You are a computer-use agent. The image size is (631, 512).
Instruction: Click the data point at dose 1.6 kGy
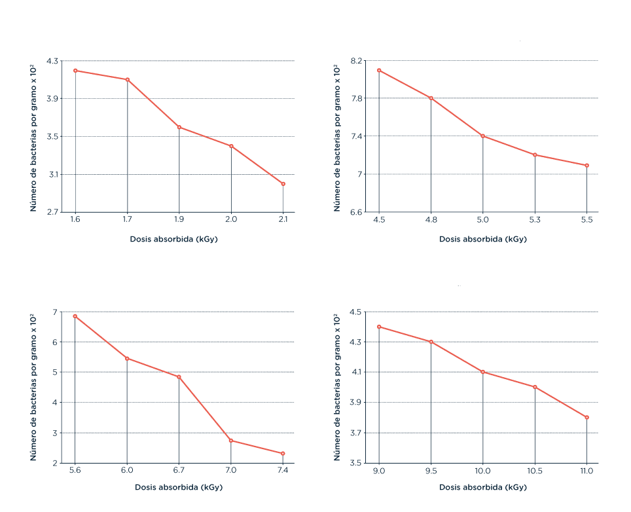(75, 71)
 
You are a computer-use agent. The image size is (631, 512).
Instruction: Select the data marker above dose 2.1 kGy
(283, 184)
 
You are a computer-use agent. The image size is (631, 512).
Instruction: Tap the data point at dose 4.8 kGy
(431, 98)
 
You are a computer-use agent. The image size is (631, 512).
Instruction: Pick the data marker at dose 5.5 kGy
(586, 166)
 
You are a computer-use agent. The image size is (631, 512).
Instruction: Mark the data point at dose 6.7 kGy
(179, 377)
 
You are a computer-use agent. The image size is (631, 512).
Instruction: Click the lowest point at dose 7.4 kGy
(283, 454)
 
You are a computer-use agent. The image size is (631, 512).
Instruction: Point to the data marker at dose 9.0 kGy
(379, 327)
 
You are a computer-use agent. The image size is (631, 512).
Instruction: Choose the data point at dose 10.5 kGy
(535, 387)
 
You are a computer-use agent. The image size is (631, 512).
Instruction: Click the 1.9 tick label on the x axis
(179, 220)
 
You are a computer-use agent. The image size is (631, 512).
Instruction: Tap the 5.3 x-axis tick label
(535, 220)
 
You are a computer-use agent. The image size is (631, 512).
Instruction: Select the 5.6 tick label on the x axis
(75, 471)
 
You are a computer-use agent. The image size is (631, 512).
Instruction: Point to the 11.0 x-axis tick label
(586, 471)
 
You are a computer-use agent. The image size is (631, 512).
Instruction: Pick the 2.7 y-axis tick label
(52, 212)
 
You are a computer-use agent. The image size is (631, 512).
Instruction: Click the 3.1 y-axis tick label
(52, 174)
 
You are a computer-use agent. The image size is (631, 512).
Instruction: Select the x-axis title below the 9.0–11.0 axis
(482, 487)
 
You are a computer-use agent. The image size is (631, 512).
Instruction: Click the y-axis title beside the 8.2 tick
(337, 137)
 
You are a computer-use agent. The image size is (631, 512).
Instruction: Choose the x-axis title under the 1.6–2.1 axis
(179, 239)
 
